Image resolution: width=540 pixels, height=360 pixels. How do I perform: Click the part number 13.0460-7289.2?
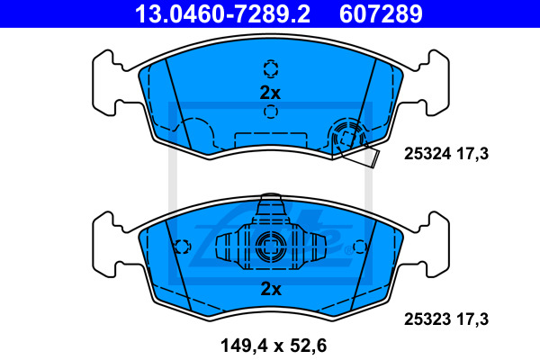222,13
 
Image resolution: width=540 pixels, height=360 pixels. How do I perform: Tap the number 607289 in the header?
381,13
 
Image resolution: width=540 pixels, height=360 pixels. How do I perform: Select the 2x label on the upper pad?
270,93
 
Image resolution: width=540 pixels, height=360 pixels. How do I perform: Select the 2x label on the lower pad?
271,289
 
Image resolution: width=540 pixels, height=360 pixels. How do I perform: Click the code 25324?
427,154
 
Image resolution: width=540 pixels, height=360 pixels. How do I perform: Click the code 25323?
427,319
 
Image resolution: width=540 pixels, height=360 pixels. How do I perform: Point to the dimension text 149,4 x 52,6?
274,346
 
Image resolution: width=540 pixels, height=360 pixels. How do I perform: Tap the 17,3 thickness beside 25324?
472,154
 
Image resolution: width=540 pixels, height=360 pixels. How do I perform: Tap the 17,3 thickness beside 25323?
472,319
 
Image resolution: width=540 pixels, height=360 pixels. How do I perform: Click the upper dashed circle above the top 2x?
271,68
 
